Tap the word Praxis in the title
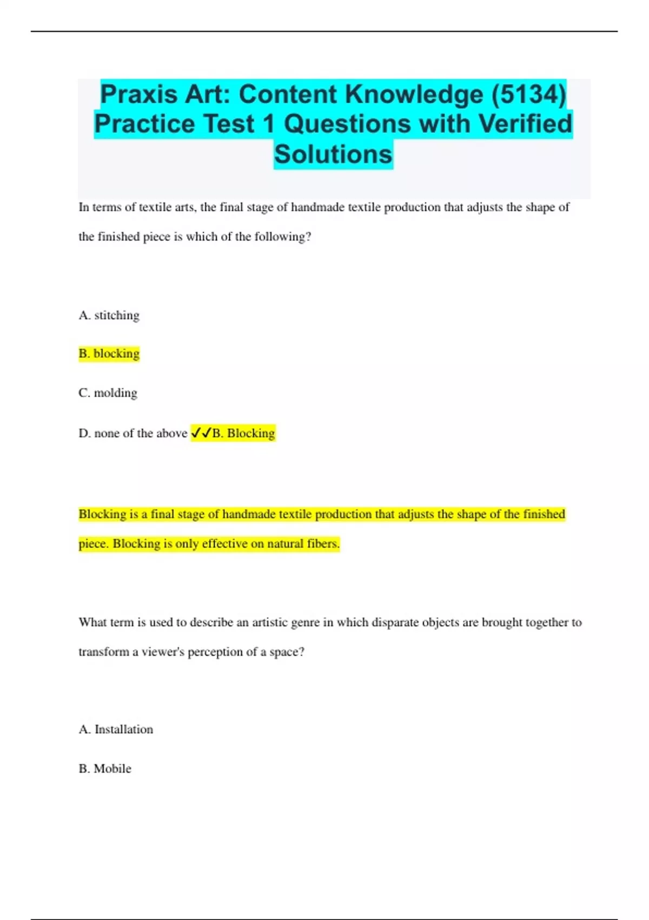click(139, 94)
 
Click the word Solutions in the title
click(333, 154)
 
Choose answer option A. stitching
click(109, 315)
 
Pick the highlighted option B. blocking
click(109, 353)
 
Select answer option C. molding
click(108, 393)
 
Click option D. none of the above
click(133, 433)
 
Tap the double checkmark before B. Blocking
click(201, 433)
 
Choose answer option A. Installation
click(116, 730)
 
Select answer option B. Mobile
click(105, 768)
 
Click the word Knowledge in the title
click(414, 94)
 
